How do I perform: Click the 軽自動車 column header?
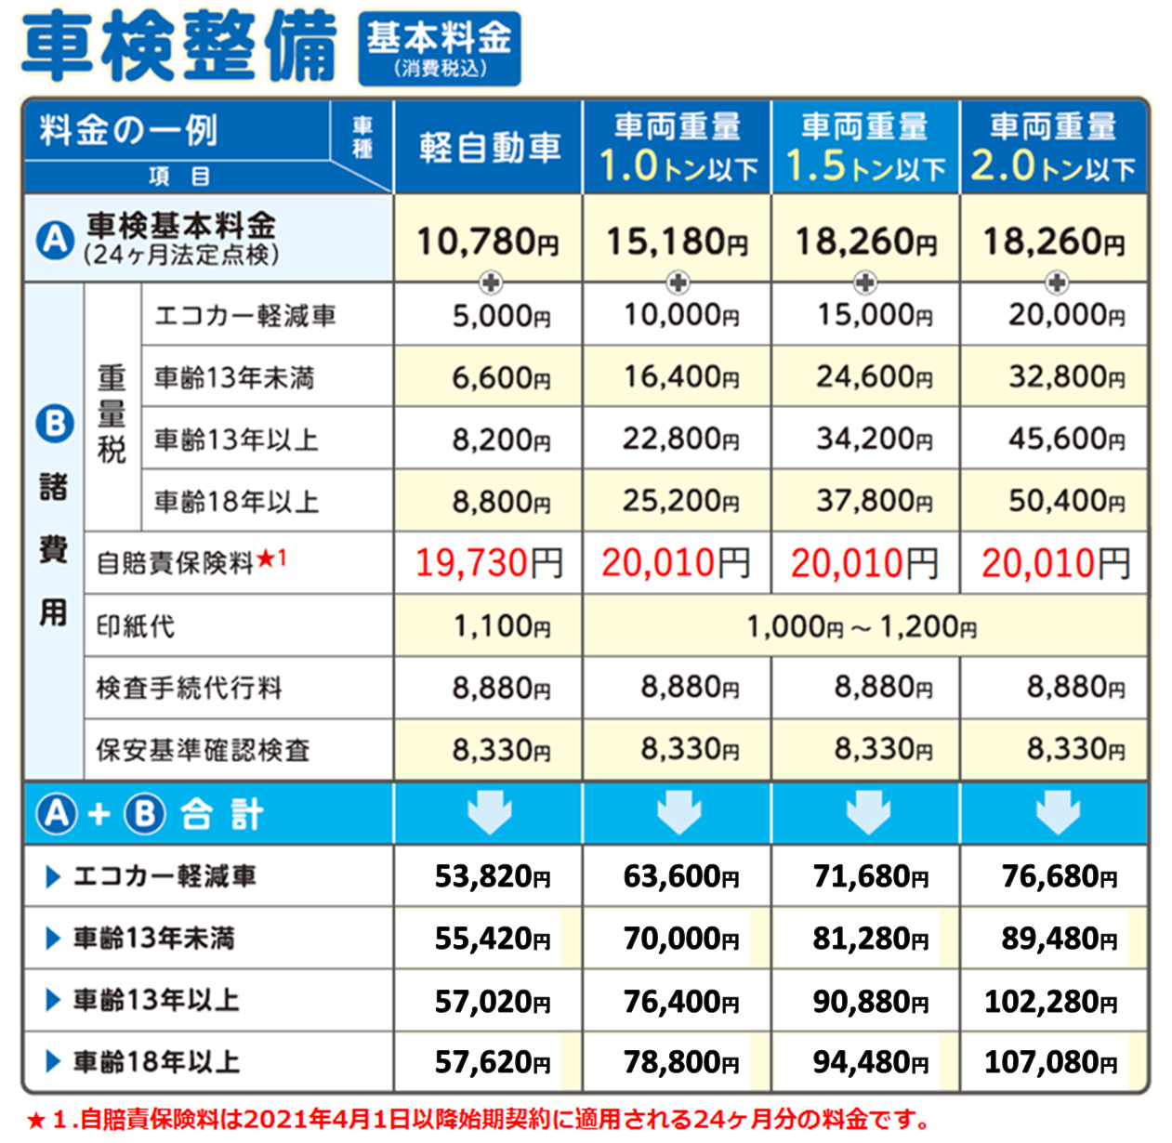(x=489, y=147)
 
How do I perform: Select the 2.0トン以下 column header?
(x=1053, y=147)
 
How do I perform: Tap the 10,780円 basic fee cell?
(x=488, y=242)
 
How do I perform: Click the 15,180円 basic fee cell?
(x=677, y=242)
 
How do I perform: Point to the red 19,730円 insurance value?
(x=489, y=563)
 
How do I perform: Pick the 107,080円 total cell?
(x=1050, y=1062)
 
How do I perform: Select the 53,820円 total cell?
(x=493, y=876)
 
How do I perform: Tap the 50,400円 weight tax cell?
(x=1066, y=502)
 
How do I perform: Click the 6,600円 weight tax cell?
(x=501, y=378)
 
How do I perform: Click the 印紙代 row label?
(x=136, y=626)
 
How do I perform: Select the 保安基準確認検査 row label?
(x=203, y=750)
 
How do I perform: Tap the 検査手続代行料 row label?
(x=190, y=689)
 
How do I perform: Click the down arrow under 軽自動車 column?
(x=490, y=811)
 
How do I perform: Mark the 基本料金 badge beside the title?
(x=440, y=48)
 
